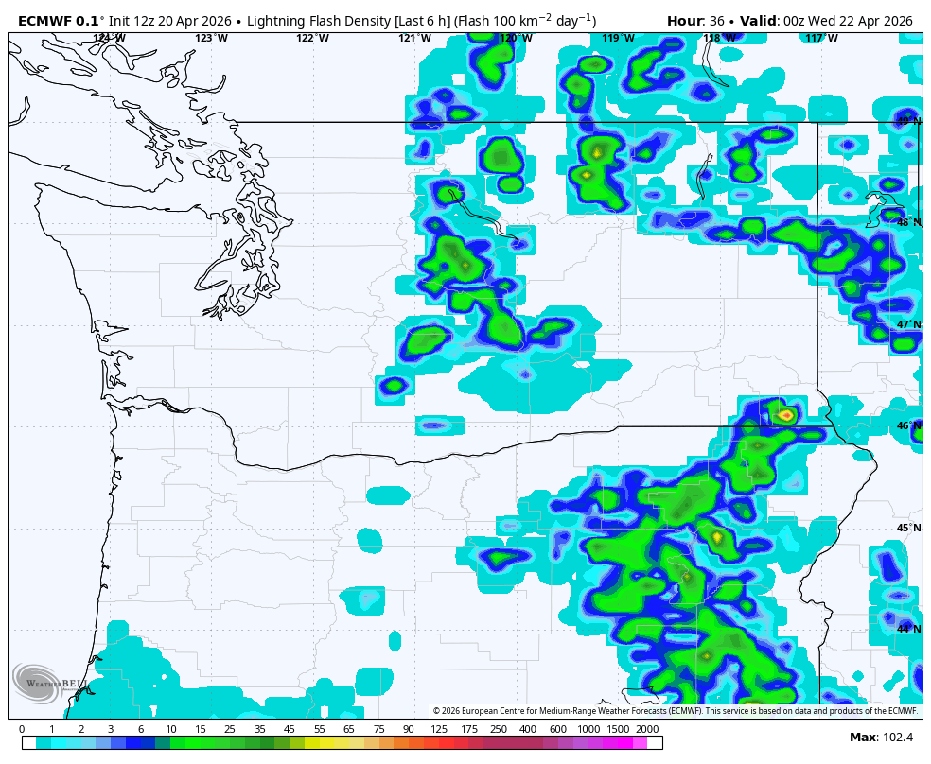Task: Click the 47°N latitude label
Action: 908,324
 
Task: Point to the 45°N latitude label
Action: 908,528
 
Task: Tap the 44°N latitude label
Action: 908,629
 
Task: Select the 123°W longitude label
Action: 211,38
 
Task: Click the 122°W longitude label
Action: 312,38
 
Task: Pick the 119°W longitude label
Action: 618,38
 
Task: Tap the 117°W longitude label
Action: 821,38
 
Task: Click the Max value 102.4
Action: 895,738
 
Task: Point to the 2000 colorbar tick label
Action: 647,729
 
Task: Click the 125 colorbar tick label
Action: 439,729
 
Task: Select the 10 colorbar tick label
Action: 170,729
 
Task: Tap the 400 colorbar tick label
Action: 528,729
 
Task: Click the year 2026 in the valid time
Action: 893,21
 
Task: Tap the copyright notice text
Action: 675,711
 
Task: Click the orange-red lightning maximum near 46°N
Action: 786,414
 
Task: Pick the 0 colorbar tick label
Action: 22,729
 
